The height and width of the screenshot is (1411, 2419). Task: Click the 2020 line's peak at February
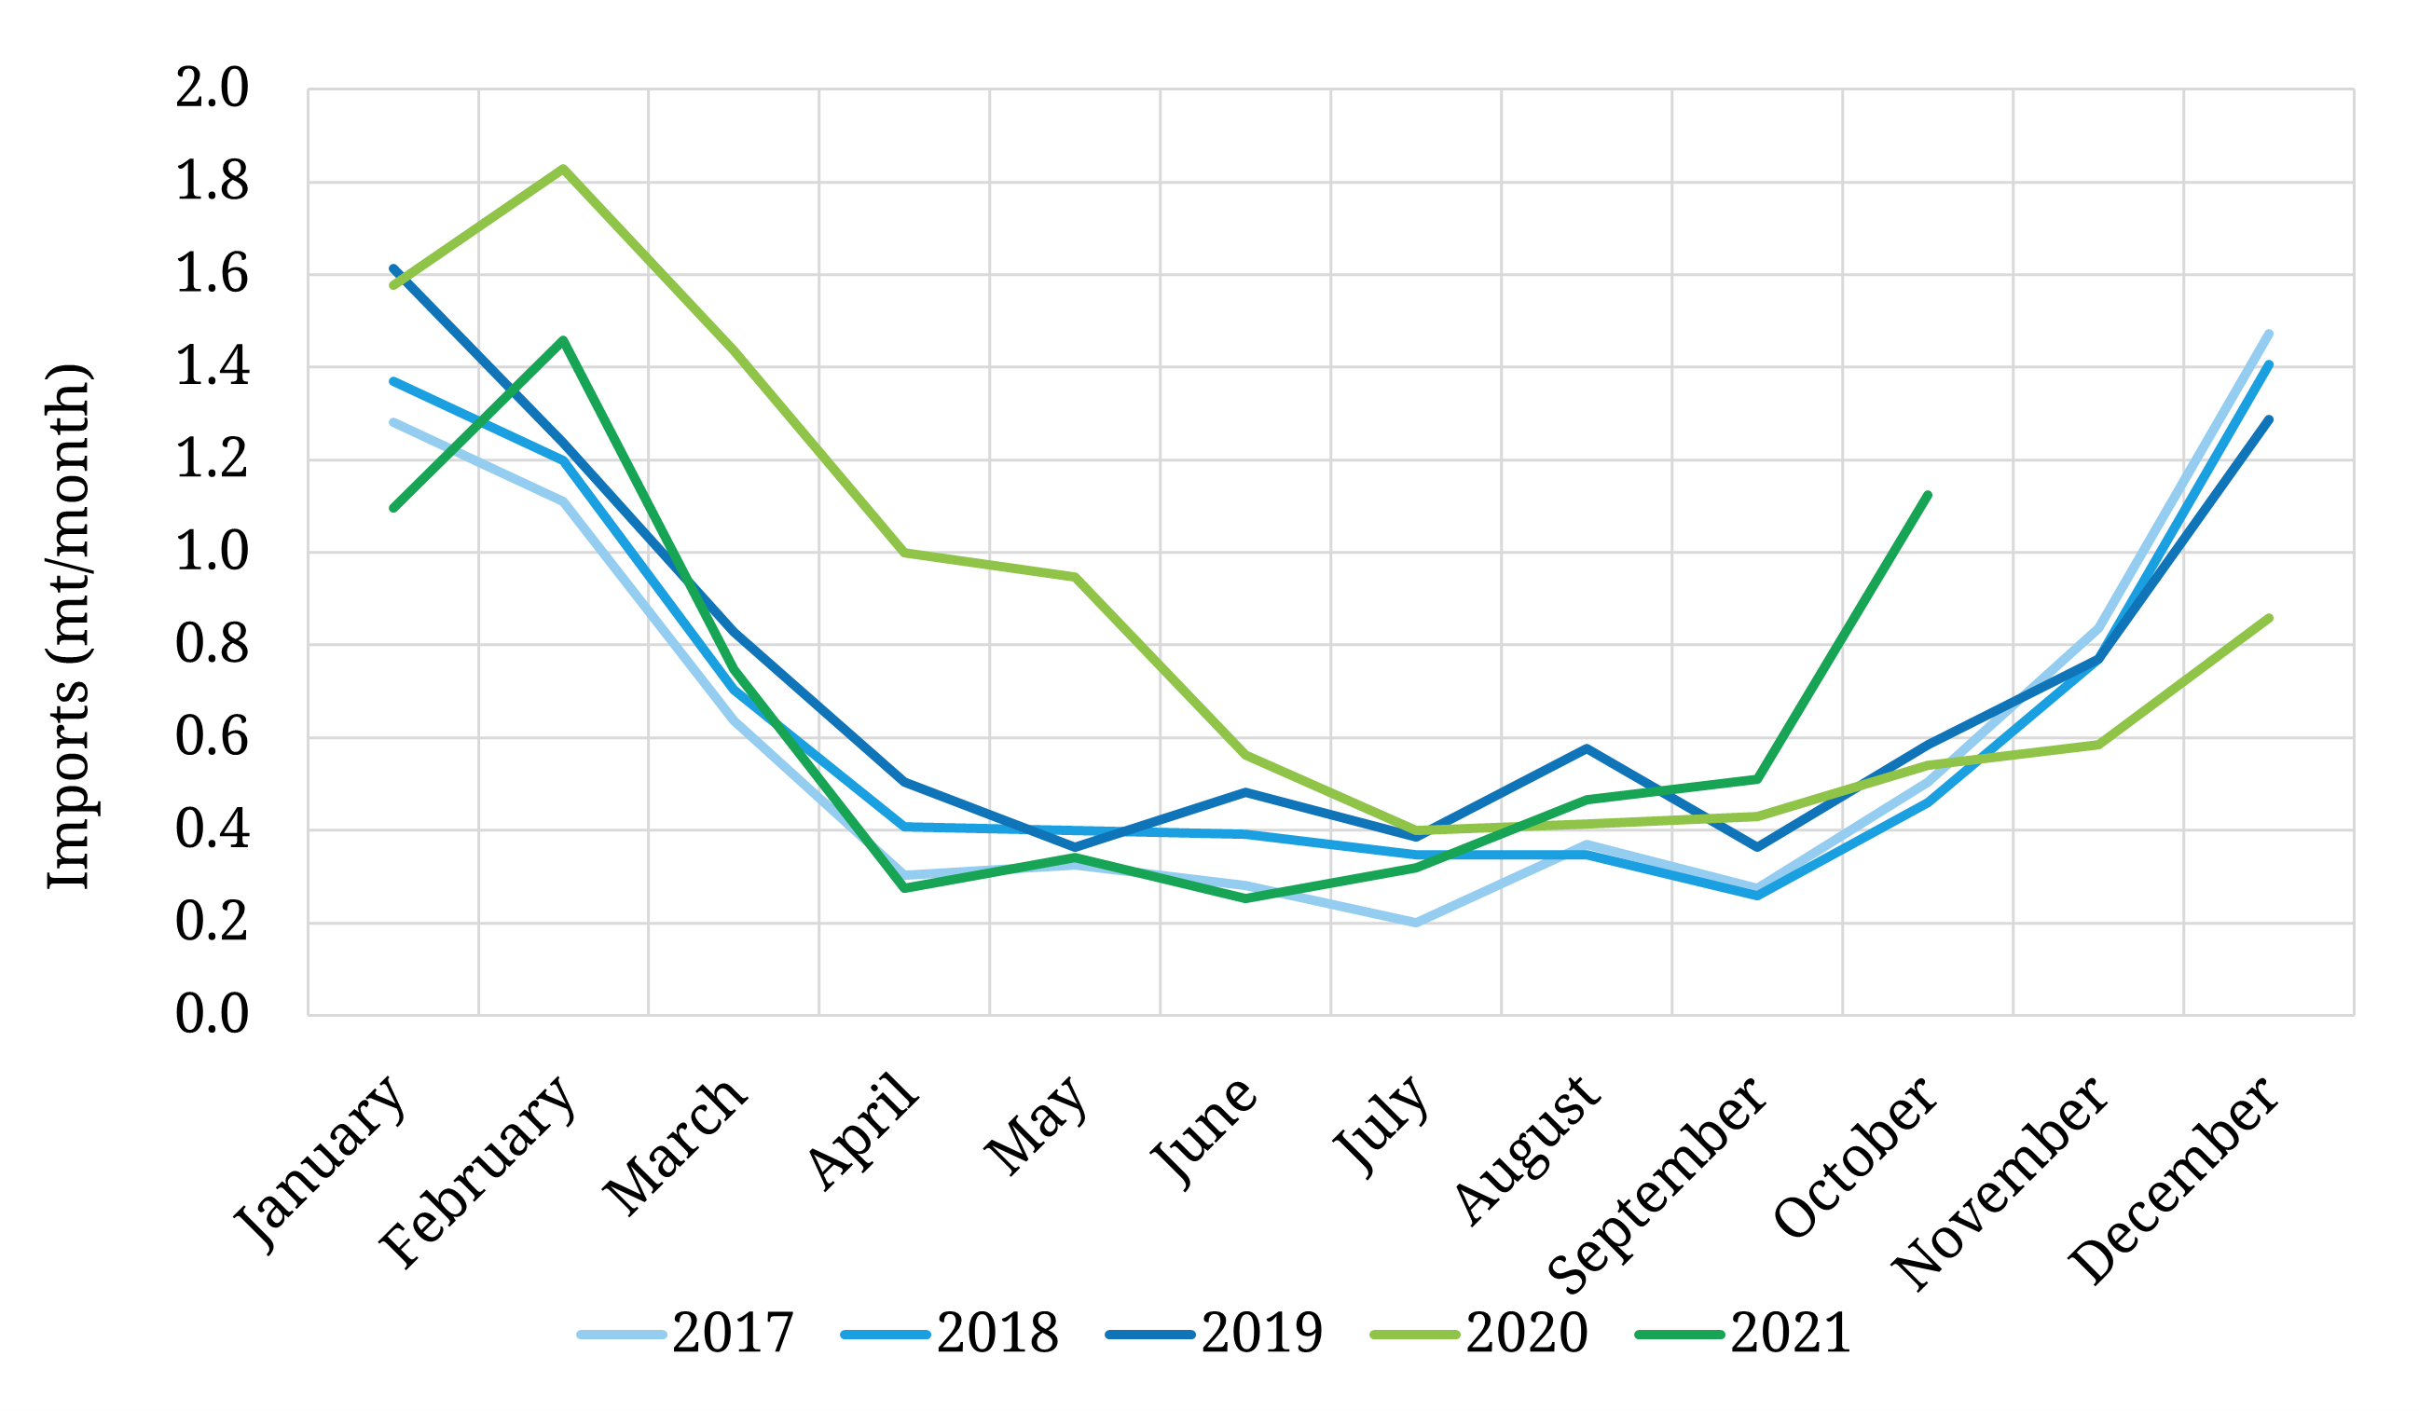[x=563, y=169]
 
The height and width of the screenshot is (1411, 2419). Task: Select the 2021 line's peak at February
[x=563, y=340]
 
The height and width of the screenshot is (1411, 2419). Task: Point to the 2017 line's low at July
[x=1416, y=923]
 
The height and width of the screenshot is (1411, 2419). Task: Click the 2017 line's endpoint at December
[x=2269, y=334]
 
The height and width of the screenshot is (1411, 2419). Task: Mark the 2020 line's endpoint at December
[x=2269, y=618]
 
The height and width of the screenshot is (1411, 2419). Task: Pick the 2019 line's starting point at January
[x=393, y=268]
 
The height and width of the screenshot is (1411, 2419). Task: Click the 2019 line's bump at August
[x=1587, y=748]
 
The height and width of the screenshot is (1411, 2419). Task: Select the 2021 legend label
[x=1792, y=1334]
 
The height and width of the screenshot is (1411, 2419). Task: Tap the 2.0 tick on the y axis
[x=212, y=89]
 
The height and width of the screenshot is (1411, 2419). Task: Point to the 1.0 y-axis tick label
[x=212, y=553]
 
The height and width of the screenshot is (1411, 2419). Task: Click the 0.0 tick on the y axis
[x=212, y=1015]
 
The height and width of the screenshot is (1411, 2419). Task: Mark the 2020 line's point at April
[x=904, y=553]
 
